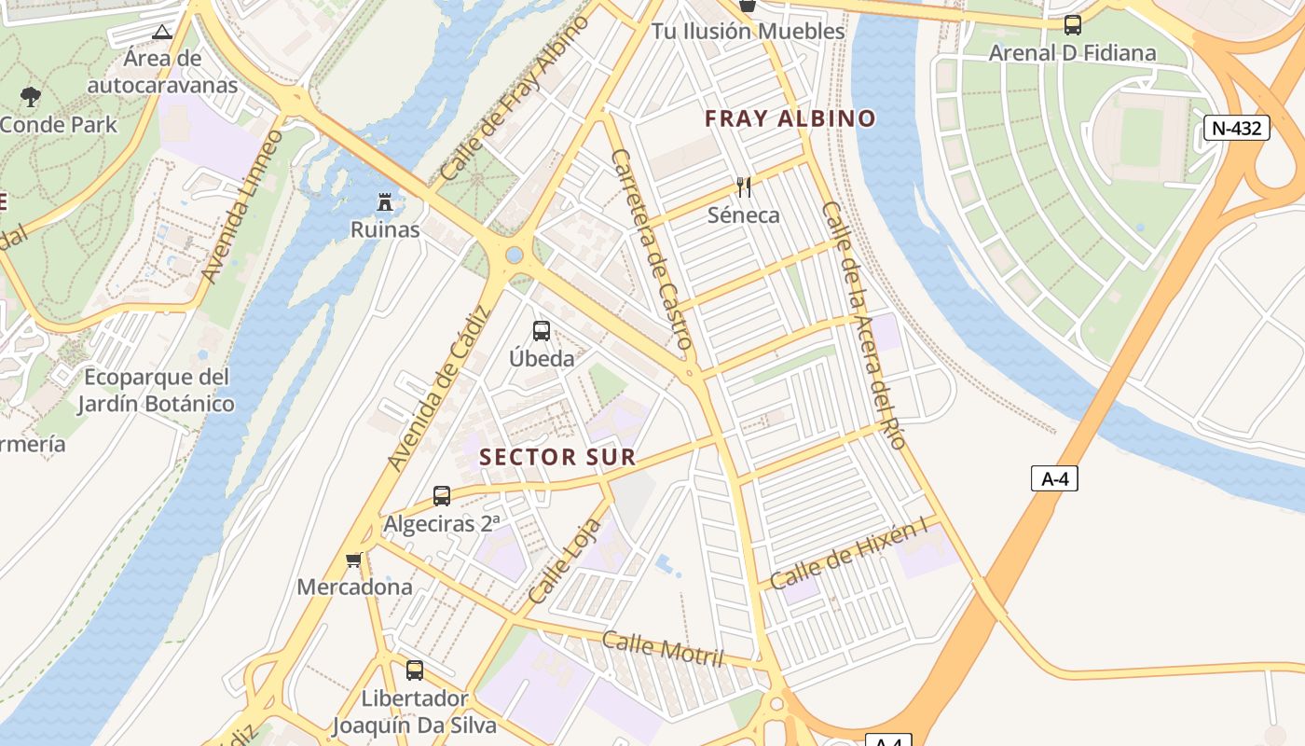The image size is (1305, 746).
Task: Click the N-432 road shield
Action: click(x=1237, y=128)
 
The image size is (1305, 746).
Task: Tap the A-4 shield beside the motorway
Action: click(x=1054, y=478)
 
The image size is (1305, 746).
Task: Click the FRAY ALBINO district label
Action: click(x=790, y=118)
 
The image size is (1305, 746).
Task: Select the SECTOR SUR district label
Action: click(x=557, y=457)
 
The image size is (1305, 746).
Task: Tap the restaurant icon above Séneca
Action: click(x=744, y=186)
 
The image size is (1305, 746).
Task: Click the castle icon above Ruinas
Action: click(x=384, y=201)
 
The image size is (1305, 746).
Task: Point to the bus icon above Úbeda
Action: click(x=541, y=330)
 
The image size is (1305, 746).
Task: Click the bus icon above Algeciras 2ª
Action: click(x=442, y=496)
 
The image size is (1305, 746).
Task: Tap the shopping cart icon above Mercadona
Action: click(x=353, y=559)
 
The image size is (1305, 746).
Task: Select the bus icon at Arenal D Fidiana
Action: click(x=1073, y=25)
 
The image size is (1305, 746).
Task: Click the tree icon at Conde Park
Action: click(x=30, y=96)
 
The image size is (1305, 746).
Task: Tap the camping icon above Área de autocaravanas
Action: click(x=162, y=32)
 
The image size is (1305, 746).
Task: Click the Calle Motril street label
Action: click(x=663, y=648)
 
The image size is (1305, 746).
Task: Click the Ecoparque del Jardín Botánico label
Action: click(x=156, y=391)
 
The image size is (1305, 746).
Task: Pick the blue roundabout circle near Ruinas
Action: click(x=514, y=255)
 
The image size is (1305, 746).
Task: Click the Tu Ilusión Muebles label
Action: click(x=748, y=31)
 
